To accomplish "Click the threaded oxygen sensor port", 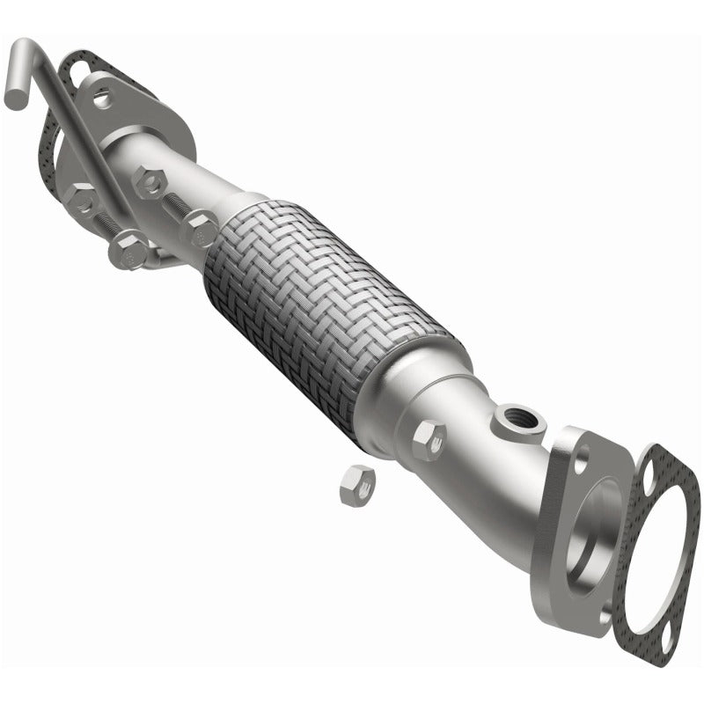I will (x=514, y=414).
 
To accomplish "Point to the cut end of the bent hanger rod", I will (x=15, y=96).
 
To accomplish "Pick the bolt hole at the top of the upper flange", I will (x=102, y=97).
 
